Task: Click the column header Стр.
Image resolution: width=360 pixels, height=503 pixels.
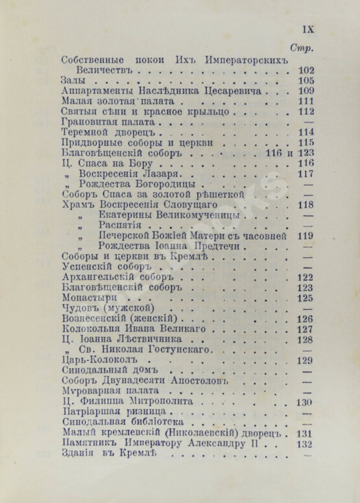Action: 304,49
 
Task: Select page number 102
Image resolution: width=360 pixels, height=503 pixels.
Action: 306,70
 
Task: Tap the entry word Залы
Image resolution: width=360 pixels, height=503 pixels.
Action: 73,81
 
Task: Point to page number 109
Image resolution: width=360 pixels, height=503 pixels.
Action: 306,91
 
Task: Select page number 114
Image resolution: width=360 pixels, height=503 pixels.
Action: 306,132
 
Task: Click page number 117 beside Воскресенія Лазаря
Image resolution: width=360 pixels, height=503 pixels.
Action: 306,174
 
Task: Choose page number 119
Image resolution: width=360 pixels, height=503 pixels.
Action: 306,236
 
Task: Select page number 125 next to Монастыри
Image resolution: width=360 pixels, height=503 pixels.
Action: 306,298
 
